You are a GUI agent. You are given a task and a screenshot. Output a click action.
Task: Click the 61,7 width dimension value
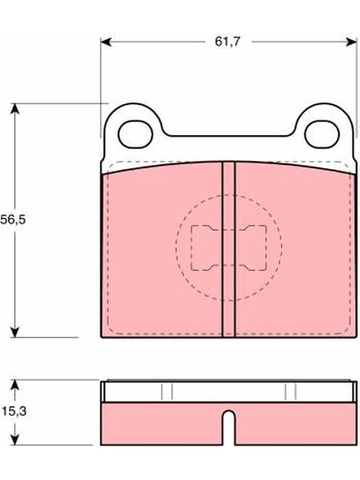pos(228,41)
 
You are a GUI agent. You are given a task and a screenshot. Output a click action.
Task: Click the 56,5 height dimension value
pos(13,220)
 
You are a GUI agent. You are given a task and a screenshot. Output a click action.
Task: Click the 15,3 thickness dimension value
pos(14,412)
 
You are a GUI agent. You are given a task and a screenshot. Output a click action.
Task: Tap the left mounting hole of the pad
pos(136,134)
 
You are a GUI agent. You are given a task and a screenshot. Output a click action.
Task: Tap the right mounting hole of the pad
pos(322,134)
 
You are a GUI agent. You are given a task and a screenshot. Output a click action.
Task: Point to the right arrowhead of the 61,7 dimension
pos(352,42)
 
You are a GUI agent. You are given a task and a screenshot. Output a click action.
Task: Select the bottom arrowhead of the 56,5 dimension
pos(14,332)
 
